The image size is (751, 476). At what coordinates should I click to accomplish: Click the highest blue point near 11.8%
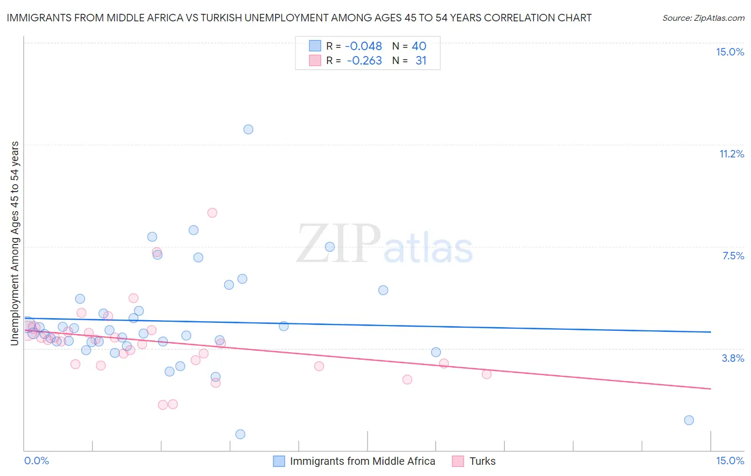pyautogui.click(x=248, y=129)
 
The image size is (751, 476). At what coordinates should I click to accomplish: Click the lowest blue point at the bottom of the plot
pyautogui.click(x=240, y=434)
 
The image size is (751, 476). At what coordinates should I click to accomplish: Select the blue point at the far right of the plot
pyautogui.click(x=689, y=420)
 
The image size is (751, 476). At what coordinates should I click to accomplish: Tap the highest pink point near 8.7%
pyautogui.click(x=212, y=212)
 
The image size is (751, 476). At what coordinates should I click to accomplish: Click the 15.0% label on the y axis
pyautogui.click(x=730, y=52)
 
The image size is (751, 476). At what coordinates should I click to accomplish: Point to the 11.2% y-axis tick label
pyautogui.click(x=731, y=154)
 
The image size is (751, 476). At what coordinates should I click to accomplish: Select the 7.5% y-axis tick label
pyautogui.click(x=733, y=256)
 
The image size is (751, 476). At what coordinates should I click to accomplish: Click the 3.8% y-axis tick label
pyautogui.click(x=733, y=358)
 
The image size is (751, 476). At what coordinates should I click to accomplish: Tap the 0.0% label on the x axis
pyautogui.click(x=36, y=461)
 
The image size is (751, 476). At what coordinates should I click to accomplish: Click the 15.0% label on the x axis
pyautogui.click(x=730, y=461)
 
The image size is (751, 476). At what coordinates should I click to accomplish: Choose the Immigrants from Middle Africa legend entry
pyautogui.click(x=362, y=461)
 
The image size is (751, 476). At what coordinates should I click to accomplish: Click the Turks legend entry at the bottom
pyautogui.click(x=482, y=461)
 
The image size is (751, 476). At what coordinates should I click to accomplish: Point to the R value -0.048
pyautogui.click(x=363, y=46)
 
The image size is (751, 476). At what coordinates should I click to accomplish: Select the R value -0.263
pyautogui.click(x=364, y=61)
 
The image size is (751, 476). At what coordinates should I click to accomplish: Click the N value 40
pyautogui.click(x=419, y=46)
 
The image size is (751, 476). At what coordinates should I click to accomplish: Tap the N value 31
pyautogui.click(x=421, y=61)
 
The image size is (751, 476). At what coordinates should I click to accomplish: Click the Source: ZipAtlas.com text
pyautogui.click(x=703, y=18)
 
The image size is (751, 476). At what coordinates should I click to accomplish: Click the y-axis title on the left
pyautogui.click(x=15, y=243)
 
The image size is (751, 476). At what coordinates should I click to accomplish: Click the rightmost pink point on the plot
pyautogui.click(x=487, y=374)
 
